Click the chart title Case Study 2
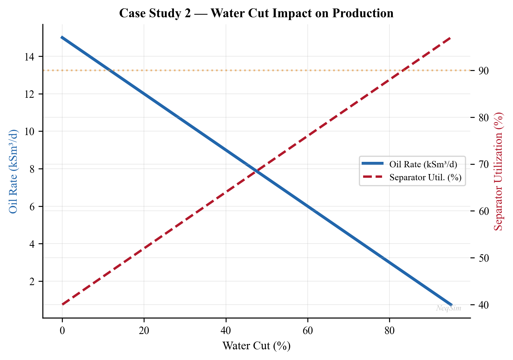pyautogui.click(x=256, y=13)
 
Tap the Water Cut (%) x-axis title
pyautogui.click(x=256, y=346)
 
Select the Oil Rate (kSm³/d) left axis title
pyautogui.click(x=13, y=172)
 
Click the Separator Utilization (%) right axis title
pyautogui.click(x=499, y=172)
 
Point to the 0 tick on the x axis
pyautogui.click(x=62, y=331)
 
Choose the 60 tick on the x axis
pyautogui.click(x=307, y=331)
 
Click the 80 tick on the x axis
pyautogui.click(x=389, y=331)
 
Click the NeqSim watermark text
pyautogui.click(x=449, y=308)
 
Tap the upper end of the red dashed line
pyautogui.click(x=451, y=38)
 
